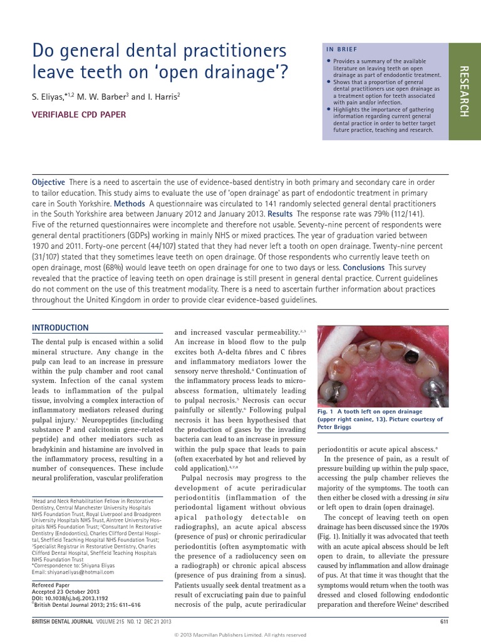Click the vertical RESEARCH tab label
(464, 91)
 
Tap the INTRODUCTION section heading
(60, 328)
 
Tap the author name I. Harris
(163, 97)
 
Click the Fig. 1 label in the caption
(328, 412)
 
